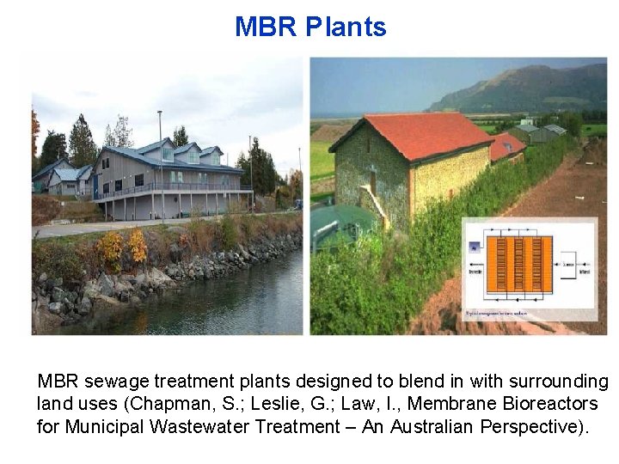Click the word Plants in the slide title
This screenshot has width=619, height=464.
[346, 27]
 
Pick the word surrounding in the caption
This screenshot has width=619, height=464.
[560, 382]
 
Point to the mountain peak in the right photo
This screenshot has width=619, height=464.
[525, 72]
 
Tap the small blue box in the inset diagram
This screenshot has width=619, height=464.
[474, 247]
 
